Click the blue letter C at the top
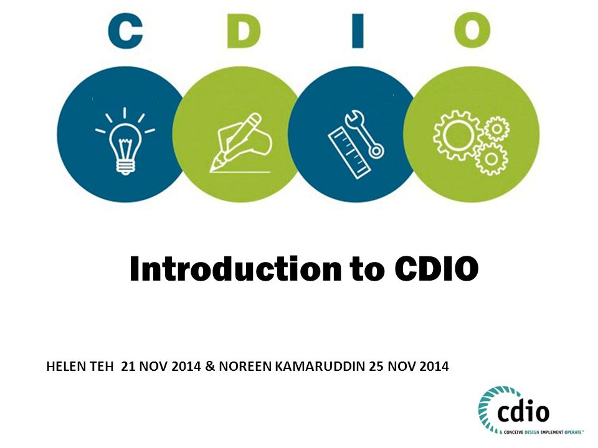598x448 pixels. click(125, 30)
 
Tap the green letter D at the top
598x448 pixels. click(244, 31)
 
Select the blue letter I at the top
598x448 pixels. click(358, 31)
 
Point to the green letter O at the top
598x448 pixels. click(472, 30)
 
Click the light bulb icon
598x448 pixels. click(125, 142)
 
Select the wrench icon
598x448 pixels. click(364, 134)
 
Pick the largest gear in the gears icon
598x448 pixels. click(456, 135)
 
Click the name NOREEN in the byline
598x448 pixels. click(245, 366)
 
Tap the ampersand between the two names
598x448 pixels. click(210, 366)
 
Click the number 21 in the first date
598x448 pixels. click(128, 366)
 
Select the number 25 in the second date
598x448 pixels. click(376, 366)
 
